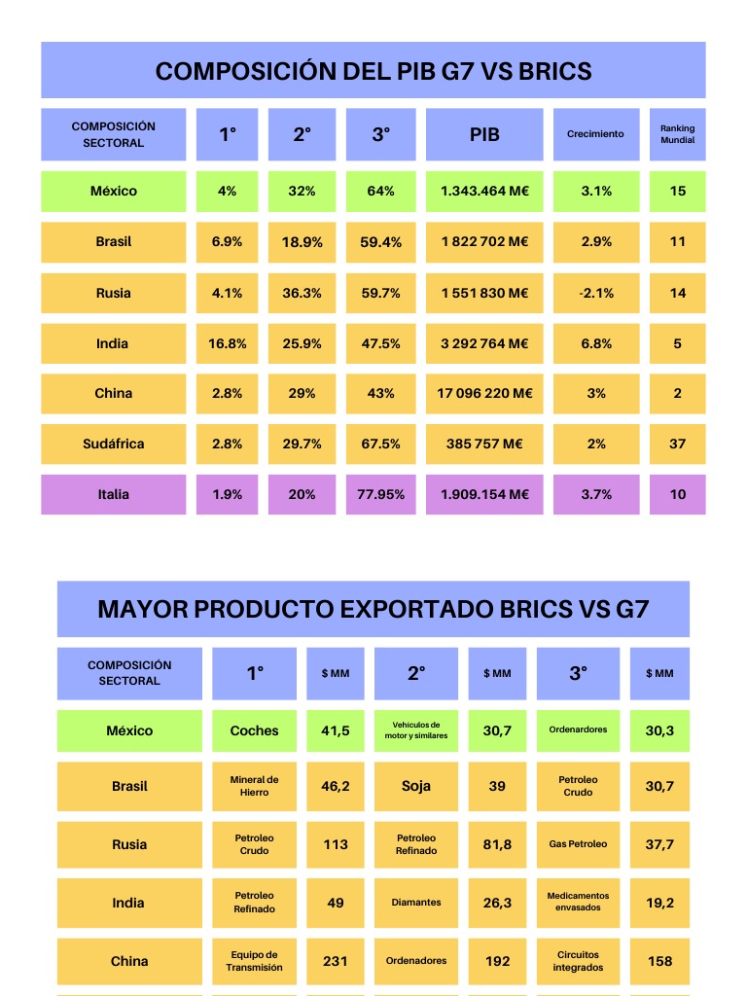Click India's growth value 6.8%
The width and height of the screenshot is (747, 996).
[595, 343]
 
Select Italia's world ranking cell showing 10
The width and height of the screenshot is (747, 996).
[677, 494]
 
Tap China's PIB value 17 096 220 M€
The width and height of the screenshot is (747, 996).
[484, 394]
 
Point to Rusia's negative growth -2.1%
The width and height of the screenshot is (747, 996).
[595, 293]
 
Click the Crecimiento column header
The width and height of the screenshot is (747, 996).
[595, 134]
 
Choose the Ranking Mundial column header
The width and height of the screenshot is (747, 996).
[677, 134]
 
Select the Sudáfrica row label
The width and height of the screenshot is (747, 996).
[113, 444]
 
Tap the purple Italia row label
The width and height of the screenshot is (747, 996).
[113, 494]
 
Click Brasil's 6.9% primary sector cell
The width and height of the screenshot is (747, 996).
[227, 242]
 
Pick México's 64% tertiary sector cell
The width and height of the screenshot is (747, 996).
[380, 192]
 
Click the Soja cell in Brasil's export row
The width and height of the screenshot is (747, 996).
[416, 786]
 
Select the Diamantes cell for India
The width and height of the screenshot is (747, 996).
[416, 903]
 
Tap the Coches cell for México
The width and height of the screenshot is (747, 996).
[254, 730]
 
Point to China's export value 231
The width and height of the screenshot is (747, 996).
[336, 961]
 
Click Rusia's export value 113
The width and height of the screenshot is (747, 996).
[336, 844]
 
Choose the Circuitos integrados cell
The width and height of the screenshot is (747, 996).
[578, 961]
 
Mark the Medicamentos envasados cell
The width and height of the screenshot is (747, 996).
[578, 903]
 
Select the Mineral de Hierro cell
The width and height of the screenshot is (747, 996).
[254, 786]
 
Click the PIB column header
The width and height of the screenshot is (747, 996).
[484, 134]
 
